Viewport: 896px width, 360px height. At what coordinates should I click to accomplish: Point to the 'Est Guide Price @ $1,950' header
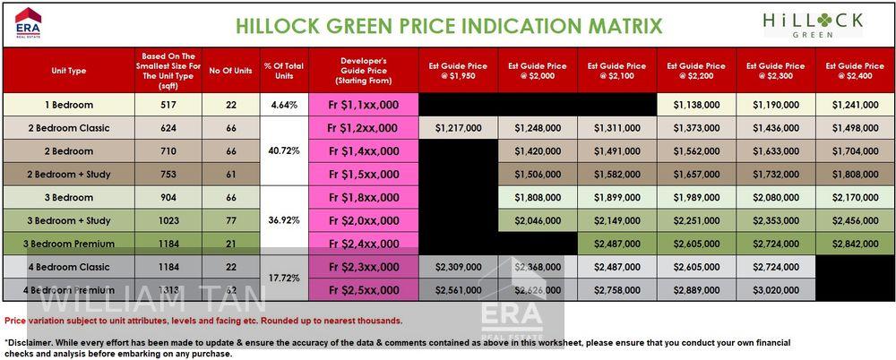pos(458,71)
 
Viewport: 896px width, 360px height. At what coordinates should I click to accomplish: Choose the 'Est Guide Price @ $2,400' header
pos(856,71)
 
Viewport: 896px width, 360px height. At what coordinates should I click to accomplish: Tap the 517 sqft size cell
pos(168,106)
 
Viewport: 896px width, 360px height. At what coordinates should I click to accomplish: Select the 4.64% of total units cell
pos(283,106)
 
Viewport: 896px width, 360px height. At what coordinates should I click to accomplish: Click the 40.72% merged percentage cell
pos(283,151)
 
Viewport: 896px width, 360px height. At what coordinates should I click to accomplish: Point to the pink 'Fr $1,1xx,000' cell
pos(364,106)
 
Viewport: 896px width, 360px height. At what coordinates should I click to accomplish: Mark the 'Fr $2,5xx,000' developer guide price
pos(364,290)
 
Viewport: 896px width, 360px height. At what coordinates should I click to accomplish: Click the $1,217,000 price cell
pos(458,129)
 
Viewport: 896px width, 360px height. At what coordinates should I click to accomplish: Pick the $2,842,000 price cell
pos(856,244)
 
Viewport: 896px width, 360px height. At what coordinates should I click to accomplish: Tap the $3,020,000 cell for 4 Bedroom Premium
pos(776,290)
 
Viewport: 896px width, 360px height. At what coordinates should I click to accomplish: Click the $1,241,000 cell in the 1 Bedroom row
pos(856,106)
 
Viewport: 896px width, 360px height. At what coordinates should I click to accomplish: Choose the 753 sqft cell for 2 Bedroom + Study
pos(168,175)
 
